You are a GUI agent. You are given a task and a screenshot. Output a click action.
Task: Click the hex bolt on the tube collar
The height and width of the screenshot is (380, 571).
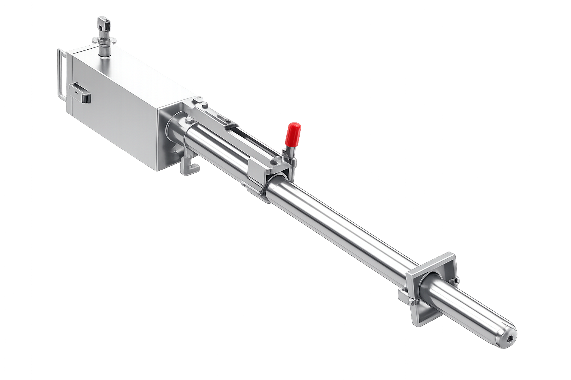pyautogui.click(x=189, y=120)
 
